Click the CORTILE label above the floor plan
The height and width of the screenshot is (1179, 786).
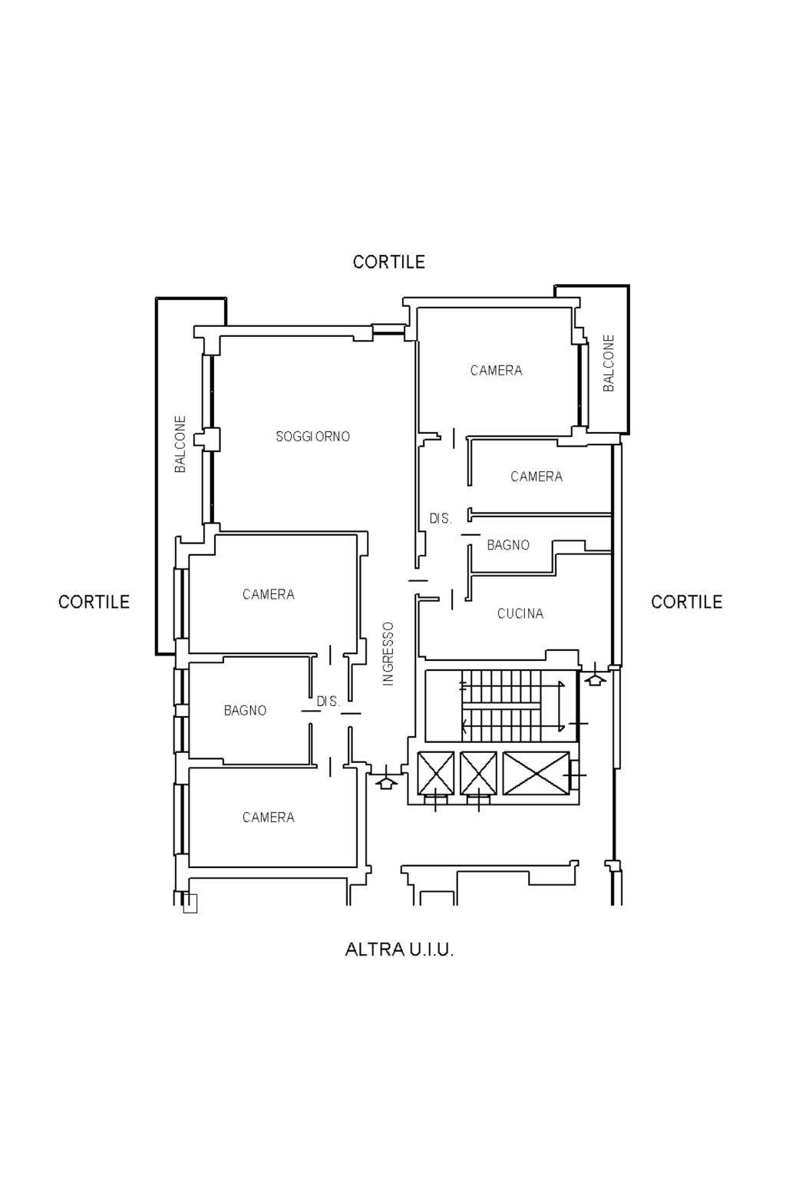pos(388,262)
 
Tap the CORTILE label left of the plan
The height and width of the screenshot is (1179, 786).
pos(94,602)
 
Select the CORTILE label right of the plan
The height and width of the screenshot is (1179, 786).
pos(686,602)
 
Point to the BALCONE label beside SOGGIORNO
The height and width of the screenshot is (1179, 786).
pos(180,444)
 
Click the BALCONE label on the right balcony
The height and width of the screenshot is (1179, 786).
pos(609,362)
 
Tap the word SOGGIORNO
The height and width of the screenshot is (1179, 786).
pos(312,436)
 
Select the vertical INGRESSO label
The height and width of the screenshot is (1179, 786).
pos(388,654)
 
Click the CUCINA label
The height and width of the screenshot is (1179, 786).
pos(520,613)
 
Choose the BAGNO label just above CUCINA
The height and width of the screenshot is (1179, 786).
pos(508,545)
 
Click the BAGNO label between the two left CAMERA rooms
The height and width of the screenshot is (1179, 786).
pos(245,711)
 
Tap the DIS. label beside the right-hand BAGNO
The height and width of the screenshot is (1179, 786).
pos(441,518)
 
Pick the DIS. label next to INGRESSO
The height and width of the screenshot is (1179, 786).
pos(328,701)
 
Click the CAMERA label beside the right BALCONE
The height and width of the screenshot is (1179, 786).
pos(496,371)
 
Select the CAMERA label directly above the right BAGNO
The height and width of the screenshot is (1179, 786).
pos(537,477)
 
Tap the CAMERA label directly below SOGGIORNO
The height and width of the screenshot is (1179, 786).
pos(268,594)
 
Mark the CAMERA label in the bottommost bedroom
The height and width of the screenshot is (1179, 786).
pos(268,817)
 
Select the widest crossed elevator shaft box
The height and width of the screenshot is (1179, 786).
pos(536,773)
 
